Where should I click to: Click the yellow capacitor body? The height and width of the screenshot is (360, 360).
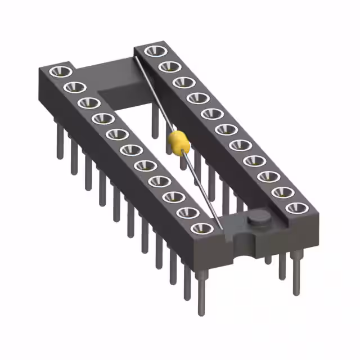(177, 142)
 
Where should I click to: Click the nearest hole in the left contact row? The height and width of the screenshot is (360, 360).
(202, 228)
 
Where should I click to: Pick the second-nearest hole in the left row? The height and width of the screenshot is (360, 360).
(188, 213)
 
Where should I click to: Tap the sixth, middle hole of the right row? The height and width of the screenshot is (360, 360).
(226, 130)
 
